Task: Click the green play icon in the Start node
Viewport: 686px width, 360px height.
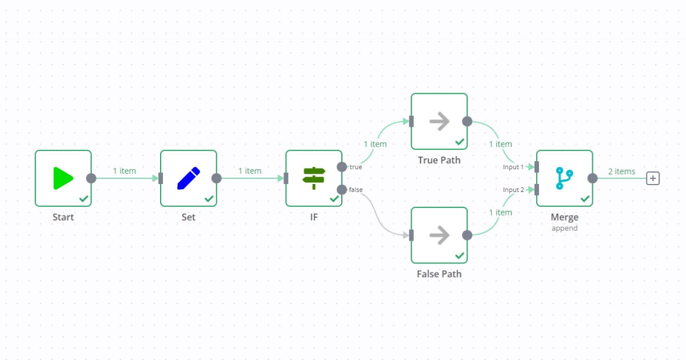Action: pyautogui.click(x=63, y=178)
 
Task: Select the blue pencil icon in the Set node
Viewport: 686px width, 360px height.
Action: pyautogui.click(x=189, y=178)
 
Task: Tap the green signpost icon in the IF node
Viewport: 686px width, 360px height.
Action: pyautogui.click(x=314, y=178)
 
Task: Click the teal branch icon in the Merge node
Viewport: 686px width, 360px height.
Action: pyautogui.click(x=564, y=178)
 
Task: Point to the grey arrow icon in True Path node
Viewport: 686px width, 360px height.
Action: pyautogui.click(x=439, y=121)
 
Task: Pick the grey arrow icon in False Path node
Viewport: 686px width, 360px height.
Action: pyautogui.click(x=439, y=235)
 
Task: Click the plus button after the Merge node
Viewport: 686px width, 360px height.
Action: pyautogui.click(x=653, y=178)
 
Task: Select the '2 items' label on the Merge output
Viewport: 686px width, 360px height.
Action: pyautogui.click(x=621, y=171)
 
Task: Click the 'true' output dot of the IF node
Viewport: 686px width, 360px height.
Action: pyautogui.click(x=342, y=167)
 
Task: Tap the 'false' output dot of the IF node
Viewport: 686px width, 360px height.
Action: pyautogui.click(x=342, y=190)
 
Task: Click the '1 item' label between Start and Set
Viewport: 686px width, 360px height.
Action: pyautogui.click(x=124, y=171)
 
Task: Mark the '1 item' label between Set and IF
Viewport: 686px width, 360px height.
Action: pyautogui.click(x=250, y=171)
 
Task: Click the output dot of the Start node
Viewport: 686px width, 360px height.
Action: pyautogui.click(x=91, y=178)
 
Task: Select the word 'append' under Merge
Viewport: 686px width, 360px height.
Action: pyautogui.click(x=564, y=228)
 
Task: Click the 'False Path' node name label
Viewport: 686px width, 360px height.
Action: pyautogui.click(x=439, y=274)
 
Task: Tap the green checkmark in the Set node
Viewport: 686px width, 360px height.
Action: pyautogui.click(x=209, y=198)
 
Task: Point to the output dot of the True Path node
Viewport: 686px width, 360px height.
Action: pyautogui.click(x=467, y=121)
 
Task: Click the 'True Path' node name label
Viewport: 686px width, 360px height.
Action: pyautogui.click(x=439, y=160)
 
